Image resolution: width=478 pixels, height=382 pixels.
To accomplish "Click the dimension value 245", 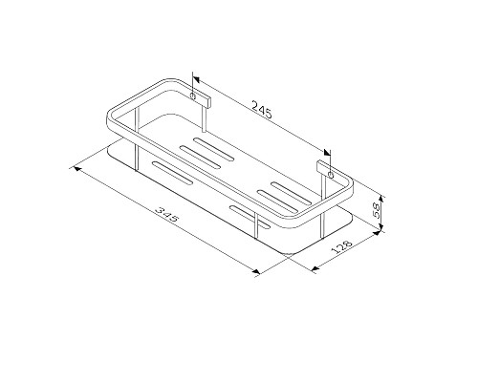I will tap(261, 112).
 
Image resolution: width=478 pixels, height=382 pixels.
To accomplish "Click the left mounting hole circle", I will tap(195, 97).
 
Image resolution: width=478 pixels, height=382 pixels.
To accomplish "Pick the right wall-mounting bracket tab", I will tap(328, 175).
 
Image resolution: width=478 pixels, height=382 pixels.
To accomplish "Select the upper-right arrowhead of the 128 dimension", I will tap(366, 235).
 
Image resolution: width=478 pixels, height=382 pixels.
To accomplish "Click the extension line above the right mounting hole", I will tap(329, 155).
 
